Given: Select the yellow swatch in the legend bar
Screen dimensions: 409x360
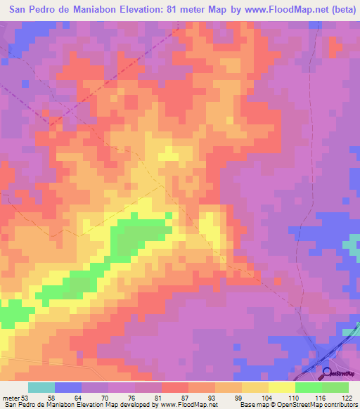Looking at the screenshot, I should click(x=281, y=387).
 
